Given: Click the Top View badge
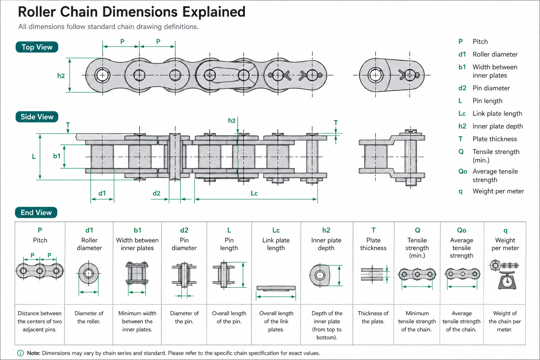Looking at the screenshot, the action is [37, 47].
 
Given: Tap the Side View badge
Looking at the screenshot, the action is [37, 117].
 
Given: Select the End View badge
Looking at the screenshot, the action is [36, 212].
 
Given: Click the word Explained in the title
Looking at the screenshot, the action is [214, 12].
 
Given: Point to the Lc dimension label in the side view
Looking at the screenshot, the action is [254, 193].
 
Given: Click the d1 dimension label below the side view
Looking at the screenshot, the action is [102, 193].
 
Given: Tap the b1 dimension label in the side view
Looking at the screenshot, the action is [57, 156].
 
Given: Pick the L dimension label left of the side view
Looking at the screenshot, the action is [34, 156].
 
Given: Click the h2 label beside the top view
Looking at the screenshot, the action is [61, 76].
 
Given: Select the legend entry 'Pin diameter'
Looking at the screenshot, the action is [491, 88].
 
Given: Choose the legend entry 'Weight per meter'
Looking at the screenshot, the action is [498, 191].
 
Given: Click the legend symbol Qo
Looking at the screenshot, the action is [463, 172].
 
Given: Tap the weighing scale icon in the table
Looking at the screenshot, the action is [507, 280].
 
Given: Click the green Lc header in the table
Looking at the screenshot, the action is [276, 230].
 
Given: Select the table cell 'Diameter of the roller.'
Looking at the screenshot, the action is [89, 317].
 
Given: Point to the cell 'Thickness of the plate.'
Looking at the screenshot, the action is [373, 317].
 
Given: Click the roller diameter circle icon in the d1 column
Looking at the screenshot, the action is [89, 274].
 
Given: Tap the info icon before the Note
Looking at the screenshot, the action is [20, 353].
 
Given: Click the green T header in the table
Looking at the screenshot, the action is [373, 230].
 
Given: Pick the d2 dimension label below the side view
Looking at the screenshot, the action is [156, 193].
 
